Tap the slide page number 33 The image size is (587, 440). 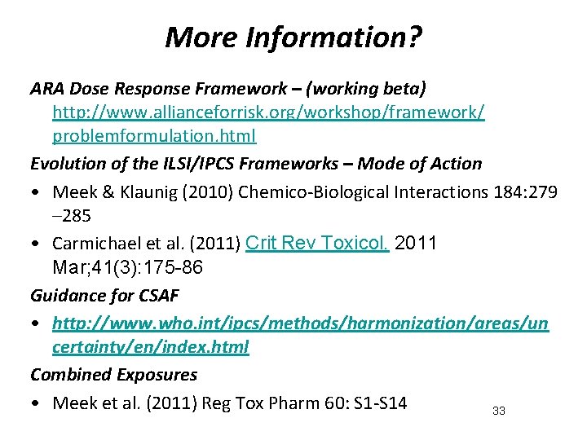click(x=499, y=411)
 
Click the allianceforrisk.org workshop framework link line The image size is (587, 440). click(x=268, y=114)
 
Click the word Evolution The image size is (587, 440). click(x=64, y=164)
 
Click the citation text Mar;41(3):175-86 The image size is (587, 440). click(x=128, y=267)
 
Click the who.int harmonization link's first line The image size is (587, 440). click(x=300, y=323)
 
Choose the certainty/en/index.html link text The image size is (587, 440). click(x=151, y=347)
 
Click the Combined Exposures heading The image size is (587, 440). click(x=113, y=375)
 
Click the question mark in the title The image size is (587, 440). click(x=413, y=37)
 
